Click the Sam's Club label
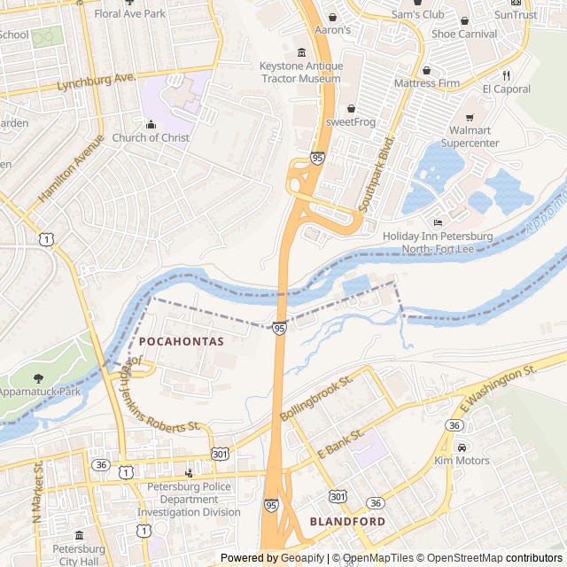(417, 15)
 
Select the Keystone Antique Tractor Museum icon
(301, 52)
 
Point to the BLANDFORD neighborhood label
(347, 522)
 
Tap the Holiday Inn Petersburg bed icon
(436, 222)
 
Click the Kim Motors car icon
(462, 447)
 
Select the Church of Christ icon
(150, 124)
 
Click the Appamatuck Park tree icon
(38, 378)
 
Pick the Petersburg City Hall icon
(79, 536)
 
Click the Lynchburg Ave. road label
(96, 82)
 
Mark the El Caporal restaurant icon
(507, 74)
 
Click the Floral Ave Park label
(130, 14)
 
